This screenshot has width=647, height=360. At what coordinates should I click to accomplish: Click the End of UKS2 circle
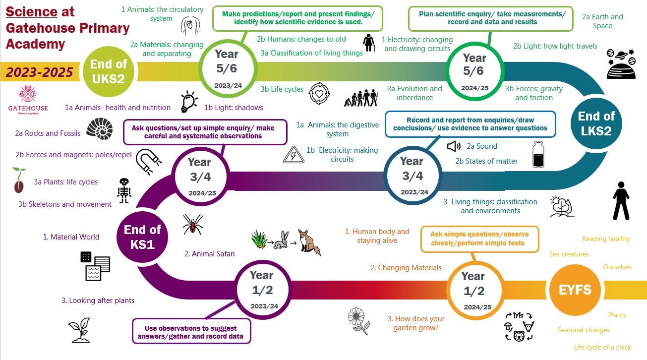109,71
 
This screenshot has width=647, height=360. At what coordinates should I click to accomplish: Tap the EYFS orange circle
575,290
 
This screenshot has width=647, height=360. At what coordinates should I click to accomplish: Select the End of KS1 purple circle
142,237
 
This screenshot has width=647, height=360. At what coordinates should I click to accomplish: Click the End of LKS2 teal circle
596,123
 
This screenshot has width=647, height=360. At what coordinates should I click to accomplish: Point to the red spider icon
193,224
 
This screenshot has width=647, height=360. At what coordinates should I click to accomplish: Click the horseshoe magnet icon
148,162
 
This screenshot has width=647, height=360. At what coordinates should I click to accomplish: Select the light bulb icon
189,102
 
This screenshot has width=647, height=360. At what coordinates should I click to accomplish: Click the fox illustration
309,242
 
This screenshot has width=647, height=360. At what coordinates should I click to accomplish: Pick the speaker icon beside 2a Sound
454,146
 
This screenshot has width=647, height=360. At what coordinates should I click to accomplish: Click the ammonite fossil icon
100,129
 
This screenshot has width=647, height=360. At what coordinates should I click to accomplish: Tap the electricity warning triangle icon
294,155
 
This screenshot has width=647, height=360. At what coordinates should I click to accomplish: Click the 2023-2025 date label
39,72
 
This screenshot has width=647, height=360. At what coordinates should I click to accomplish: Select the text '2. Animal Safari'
209,254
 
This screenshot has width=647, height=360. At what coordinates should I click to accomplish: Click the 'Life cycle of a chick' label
602,347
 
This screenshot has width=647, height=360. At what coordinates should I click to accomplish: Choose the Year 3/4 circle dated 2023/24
413,176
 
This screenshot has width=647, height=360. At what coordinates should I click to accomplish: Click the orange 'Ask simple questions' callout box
480,239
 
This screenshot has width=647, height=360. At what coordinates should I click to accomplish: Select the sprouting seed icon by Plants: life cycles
19,180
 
